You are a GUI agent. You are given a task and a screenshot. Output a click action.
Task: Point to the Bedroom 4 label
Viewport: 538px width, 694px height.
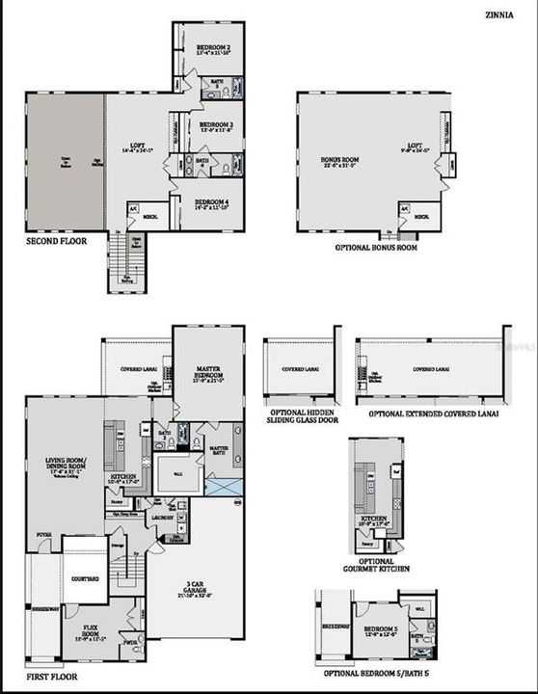211,202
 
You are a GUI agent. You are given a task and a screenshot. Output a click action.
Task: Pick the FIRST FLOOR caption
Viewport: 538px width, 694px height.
51,677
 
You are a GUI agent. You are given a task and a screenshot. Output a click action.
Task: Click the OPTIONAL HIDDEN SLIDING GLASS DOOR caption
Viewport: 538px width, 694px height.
300,417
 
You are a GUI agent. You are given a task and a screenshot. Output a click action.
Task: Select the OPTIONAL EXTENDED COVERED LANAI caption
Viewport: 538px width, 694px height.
430,413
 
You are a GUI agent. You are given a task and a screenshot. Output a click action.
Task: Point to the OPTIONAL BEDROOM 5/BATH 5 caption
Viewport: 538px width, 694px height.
377,671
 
